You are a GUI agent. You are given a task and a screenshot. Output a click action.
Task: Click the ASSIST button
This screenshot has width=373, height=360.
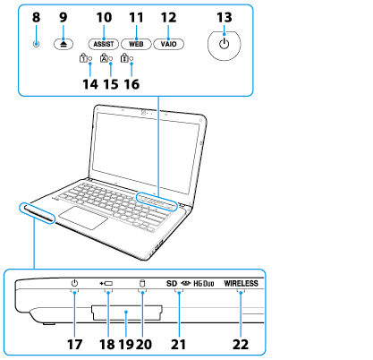tap(104, 44)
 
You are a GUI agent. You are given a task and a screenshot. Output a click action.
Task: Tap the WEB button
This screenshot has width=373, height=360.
tap(136, 44)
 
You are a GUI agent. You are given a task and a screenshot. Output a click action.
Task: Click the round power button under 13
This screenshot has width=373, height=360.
tap(225, 45)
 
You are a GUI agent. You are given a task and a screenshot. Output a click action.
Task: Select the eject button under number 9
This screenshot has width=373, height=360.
tap(64, 44)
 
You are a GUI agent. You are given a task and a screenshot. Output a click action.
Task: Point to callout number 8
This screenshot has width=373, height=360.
tap(36, 17)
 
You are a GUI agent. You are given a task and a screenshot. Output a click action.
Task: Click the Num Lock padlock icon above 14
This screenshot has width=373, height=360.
tap(83, 58)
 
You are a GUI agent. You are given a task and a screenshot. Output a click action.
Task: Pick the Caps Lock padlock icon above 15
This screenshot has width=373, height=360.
tap(104, 57)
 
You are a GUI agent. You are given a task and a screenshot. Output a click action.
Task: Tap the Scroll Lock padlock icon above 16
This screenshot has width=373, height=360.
tap(124, 58)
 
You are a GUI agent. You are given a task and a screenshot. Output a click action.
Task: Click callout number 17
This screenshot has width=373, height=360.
tap(74, 344)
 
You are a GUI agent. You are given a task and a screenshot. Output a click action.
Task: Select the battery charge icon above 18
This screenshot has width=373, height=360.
tap(106, 283)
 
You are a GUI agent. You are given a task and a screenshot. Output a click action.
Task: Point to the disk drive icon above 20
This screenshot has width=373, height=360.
tap(142, 283)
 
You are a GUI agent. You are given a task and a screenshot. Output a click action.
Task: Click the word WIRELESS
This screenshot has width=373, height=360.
tap(242, 283)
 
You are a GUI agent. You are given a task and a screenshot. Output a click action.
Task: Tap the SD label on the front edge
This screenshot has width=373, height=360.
tap(172, 283)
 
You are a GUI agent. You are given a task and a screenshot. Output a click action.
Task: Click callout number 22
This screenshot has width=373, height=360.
tap(241, 344)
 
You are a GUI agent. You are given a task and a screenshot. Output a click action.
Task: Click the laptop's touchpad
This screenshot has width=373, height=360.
tap(83, 218)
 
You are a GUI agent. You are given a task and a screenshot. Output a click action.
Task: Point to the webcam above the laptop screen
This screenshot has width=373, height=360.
tap(144, 113)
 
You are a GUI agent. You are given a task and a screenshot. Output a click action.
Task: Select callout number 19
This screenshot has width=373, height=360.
tap(126, 344)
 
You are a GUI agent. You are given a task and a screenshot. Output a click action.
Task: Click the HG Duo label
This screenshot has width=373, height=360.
tap(204, 283)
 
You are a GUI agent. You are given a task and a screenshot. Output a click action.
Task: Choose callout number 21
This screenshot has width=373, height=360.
tap(178, 344)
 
